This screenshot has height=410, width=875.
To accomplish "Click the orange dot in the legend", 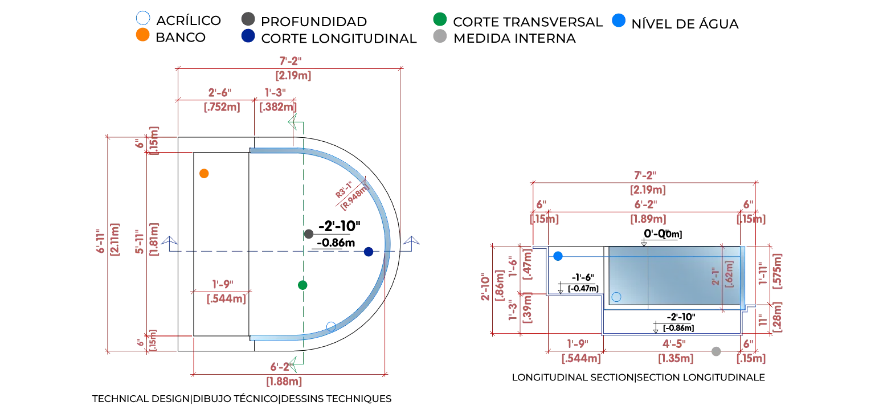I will coord(142,35).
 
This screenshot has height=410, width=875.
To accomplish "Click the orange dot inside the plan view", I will coord(204,174).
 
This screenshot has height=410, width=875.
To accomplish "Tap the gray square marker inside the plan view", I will coord(309,234).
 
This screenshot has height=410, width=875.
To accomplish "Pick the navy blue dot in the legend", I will coord(247,38).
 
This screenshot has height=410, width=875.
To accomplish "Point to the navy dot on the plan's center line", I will coord(369,252).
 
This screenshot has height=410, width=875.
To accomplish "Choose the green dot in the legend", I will coord(440,18).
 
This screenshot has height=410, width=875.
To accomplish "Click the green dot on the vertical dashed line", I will coord(302,285).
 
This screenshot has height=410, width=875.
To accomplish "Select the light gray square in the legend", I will coord(440,38).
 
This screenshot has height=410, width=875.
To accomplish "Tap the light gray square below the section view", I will coord(717,353).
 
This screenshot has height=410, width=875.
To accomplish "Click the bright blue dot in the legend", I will coord(619,20).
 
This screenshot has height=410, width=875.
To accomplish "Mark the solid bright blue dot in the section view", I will coord(558,257).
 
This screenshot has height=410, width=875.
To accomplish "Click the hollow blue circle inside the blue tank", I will coord(616,297).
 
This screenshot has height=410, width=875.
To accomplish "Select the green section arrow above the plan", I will coord(296,122).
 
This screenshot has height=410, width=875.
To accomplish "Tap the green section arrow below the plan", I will coord(296,364).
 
